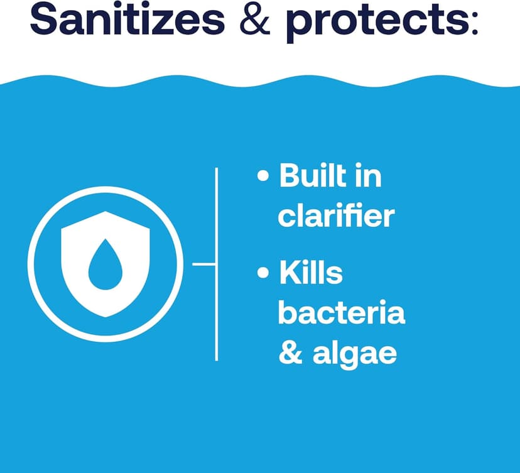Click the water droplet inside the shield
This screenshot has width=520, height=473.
(x=104, y=264)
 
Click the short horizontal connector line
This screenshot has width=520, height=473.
(x=203, y=264)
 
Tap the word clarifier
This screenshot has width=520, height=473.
(x=336, y=215)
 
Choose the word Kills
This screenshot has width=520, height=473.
(x=311, y=274)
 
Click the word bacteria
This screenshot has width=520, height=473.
(x=342, y=313)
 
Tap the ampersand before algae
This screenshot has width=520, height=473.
(x=290, y=352)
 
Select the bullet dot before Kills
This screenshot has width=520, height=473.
(x=263, y=275)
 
